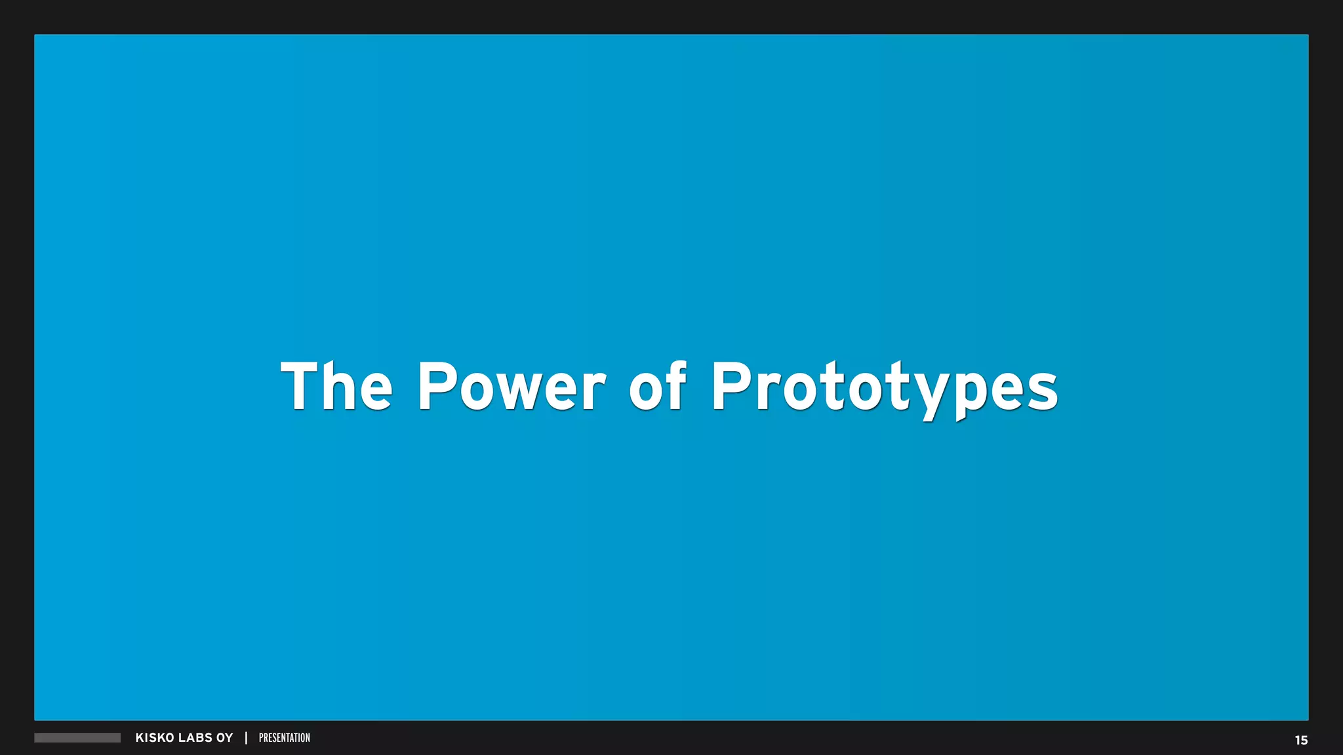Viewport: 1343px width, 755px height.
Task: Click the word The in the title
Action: [336, 387]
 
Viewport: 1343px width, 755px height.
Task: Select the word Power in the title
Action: [511, 387]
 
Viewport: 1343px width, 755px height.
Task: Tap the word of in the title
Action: [657, 387]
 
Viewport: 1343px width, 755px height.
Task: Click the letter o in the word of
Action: [645, 392]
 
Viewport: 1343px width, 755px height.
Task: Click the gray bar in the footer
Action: [77, 738]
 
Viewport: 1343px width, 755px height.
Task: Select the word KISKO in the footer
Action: [155, 738]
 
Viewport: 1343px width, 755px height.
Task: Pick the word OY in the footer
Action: [225, 738]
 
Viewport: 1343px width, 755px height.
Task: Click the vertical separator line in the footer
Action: [246, 738]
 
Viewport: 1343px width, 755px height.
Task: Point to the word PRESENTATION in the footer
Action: [285, 738]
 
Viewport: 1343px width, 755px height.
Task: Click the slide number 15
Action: [1301, 741]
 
